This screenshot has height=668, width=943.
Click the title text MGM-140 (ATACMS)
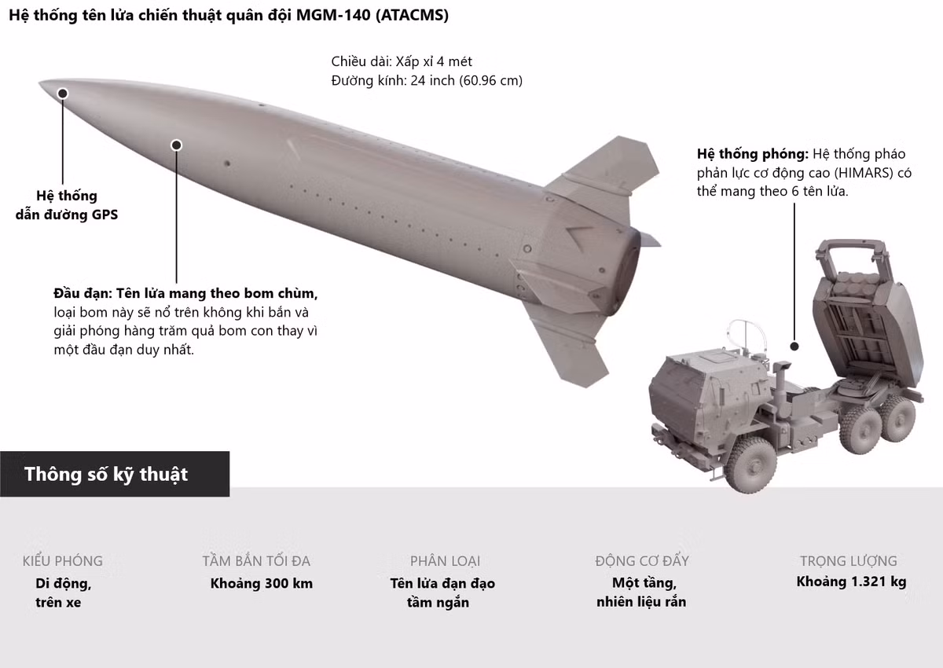(372, 15)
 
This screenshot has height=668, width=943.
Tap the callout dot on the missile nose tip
(63, 93)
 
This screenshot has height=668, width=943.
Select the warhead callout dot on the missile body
(176, 145)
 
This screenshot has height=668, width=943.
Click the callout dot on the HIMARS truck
(794, 347)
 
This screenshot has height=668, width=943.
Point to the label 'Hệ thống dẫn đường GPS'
(67, 205)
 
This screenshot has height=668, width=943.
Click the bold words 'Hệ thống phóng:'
(753, 154)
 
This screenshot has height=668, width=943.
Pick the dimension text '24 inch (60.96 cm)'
(467, 80)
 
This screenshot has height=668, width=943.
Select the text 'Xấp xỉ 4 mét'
(434, 62)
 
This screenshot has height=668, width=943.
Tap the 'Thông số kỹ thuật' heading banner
(115, 474)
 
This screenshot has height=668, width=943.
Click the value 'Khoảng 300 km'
(262, 583)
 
